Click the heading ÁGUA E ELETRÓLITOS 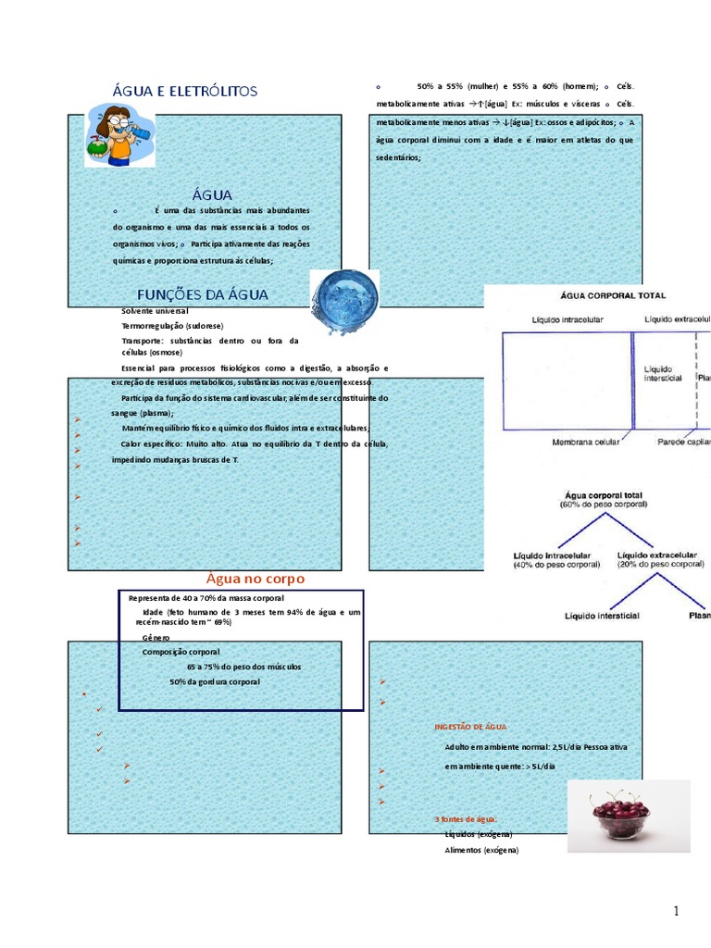click(184, 91)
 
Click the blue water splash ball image click(343, 302)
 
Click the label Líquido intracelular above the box click(568, 319)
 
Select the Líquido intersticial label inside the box click(663, 373)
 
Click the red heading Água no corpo click(255, 579)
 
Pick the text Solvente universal click(155, 312)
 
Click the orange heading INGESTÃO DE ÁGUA click(470, 727)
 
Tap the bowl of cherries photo click(628, 815)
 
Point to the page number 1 click(677, 911)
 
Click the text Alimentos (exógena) click(482, 850)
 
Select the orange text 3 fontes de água click(466, 819)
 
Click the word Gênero click(156, 638)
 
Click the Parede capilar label click(683, 443)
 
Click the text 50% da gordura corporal click(215, 682)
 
